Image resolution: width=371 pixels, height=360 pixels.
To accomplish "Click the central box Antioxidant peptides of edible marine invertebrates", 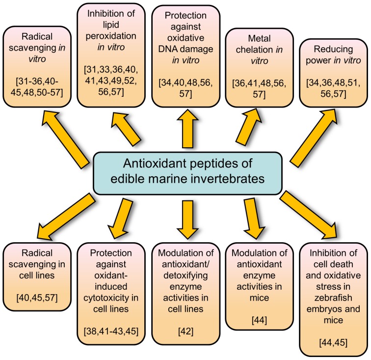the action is (x=187, y=173).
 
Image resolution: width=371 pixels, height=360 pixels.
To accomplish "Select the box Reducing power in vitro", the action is (x=333, y=73).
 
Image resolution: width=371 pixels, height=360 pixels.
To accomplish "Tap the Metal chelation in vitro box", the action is (x=259, y=67).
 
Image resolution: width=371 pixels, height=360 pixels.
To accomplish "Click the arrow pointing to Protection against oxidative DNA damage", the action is (x=187, y=129).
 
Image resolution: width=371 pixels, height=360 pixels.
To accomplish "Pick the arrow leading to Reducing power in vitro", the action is (x=315, y=138).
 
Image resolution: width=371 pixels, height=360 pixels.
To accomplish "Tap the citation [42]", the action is (x=185, y=331).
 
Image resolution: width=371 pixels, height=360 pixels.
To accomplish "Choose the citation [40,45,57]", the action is (x=37, y=298).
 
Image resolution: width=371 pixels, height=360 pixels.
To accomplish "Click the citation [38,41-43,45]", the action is (x=111, y=331).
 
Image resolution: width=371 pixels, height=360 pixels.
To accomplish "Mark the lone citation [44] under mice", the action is (x=259, y=320).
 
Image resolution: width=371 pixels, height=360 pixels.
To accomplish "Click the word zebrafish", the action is (x=333, y=298).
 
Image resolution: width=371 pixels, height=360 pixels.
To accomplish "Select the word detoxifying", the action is (x=185, y=276).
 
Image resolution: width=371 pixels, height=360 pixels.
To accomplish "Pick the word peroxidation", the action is (x=111, y=36).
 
